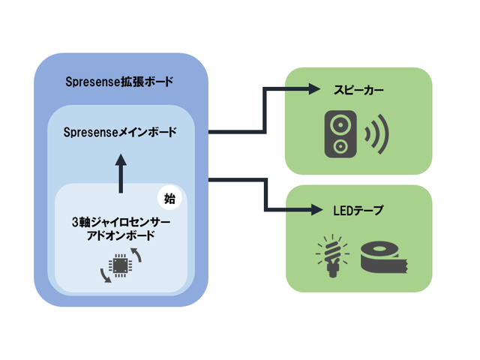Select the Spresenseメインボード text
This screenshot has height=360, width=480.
tap(120, 133)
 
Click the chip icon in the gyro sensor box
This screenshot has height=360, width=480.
tap(119, 265)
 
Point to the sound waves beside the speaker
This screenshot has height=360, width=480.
tap(374, 133)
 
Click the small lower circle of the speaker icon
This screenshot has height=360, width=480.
tap(340, 145)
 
